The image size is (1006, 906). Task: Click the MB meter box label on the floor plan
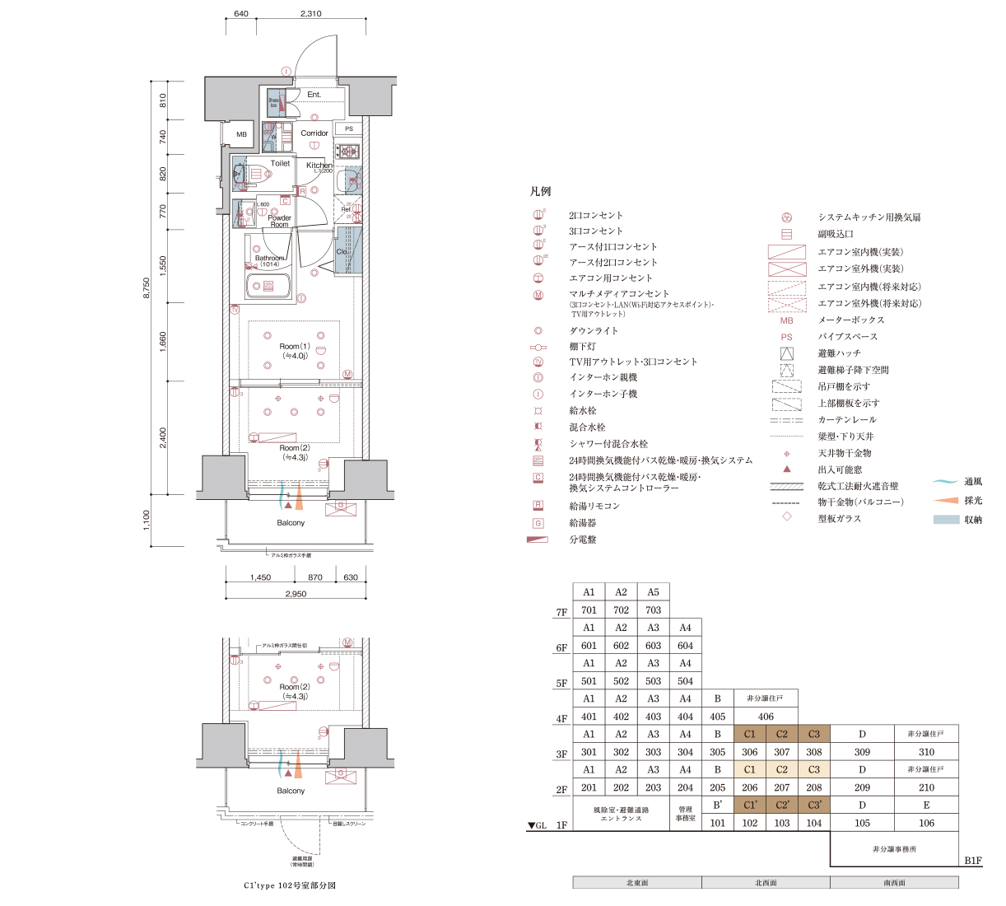coord(241,134)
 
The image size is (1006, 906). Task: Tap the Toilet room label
coord(280,163)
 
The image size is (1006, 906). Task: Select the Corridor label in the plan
coord(314,133)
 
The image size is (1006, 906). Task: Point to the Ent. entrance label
coord(314,95)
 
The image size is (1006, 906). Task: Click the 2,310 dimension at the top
coord(311,14)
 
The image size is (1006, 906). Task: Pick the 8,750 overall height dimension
coord(147,288)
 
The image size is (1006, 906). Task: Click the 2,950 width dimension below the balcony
coord(296,594)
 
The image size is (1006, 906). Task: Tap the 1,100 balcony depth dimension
coord(147,520)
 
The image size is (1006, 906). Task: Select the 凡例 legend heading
coord(540,191)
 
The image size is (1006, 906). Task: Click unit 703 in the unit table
coord(653,610)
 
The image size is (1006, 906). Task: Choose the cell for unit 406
coord(766,717)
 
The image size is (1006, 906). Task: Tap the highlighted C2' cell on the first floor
coord(781,805)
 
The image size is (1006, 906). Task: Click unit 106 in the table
coord(926,823)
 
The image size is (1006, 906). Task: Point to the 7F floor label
coord(561,613)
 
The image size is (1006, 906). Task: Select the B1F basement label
coord(972,861)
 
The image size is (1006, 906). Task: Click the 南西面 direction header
coord(894,883)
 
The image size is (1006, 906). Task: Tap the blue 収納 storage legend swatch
coord(946,520)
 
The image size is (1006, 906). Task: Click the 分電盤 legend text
coord(583,539)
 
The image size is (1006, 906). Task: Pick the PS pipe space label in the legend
coord(787,337)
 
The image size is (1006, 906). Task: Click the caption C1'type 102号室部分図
coord(290,885)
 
